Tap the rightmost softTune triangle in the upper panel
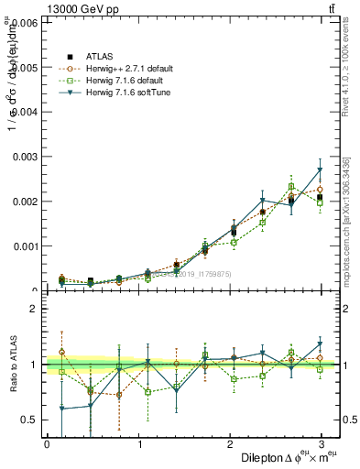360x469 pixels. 320,170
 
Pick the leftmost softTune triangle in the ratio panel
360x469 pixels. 61,409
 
